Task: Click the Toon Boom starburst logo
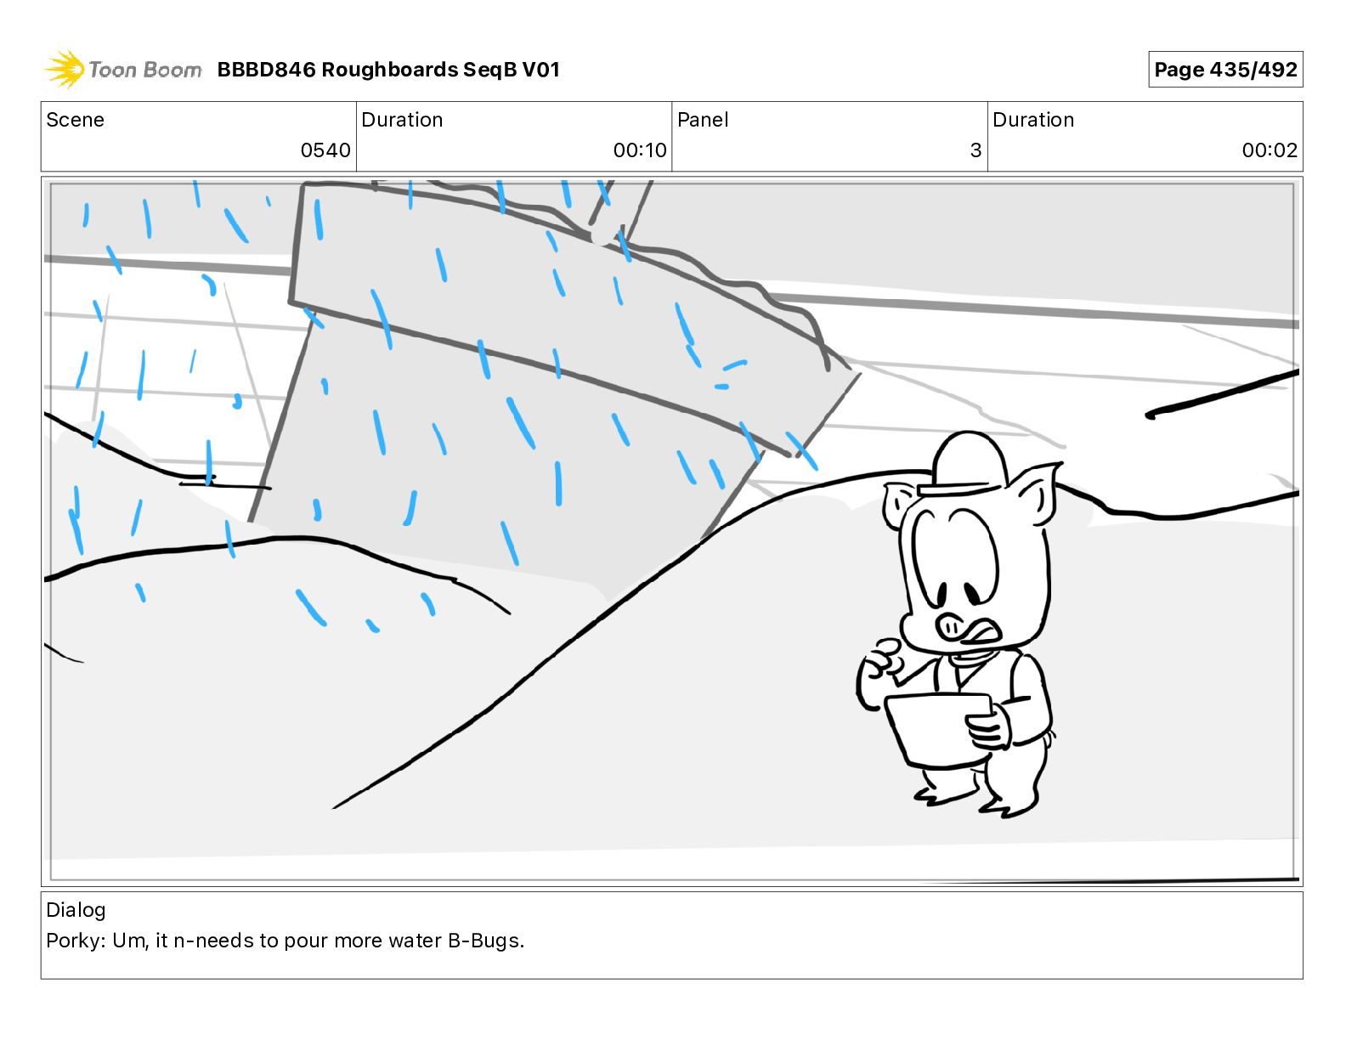[x=65, y=70]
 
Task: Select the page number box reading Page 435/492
[x=1225, y=70]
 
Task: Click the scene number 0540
[x=325, y=150]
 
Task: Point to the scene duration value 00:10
[x=639, y=150]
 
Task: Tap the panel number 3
[x=976, y=150]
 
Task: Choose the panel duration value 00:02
[x=1270, y=150]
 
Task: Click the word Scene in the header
[x=75, y=120]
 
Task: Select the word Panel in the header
[x=703, y=120]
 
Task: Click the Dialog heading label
[x=76, y=910]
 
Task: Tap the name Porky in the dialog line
[x=76, y=941]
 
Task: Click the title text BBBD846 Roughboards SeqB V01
[x=388, y=70]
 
